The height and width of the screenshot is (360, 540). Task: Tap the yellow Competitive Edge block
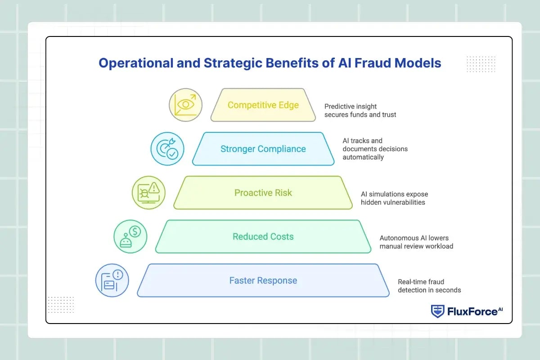[x=263, y=105]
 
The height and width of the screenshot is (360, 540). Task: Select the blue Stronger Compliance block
[x=263, y=149]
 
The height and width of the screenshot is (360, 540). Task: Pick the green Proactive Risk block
[x=263, y=193]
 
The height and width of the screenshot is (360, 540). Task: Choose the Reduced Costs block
[x=263, y=237]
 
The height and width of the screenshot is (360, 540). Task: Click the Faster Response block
[x=263, y=281]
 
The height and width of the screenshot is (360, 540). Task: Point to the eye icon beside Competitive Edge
[x=185, y=105]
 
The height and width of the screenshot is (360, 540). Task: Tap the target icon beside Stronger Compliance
[x=167, y=149]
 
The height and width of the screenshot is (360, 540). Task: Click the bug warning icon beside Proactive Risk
[x=148, y=193]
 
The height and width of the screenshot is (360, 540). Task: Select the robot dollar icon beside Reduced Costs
[x=130, y=237]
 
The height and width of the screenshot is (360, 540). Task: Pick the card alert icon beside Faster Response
[x=112, y=281]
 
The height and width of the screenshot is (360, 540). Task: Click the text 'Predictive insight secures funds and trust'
[x=360, y=111]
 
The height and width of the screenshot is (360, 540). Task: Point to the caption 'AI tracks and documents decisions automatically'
[x=375, y=149]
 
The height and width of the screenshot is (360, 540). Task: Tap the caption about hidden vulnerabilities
[x=394, y=198]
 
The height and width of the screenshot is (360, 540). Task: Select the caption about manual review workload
[x=416, y=242]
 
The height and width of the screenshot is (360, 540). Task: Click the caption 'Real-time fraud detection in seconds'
[x=429, y=286]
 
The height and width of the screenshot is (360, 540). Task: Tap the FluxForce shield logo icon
[x=437, y=311]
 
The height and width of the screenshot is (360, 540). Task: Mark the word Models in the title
[x=418, y=63]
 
